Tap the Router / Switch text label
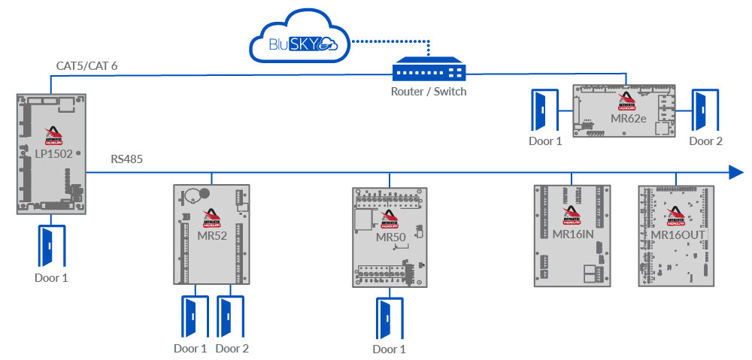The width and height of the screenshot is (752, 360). [429, 92]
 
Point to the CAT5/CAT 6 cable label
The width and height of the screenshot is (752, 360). [86, 67]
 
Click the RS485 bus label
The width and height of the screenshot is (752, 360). [126, 159]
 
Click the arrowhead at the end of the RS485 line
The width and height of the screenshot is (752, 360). [736, 173]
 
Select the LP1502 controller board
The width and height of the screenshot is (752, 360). [51, 154]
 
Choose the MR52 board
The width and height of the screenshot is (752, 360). [211, 234]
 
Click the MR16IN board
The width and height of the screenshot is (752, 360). [573, 235]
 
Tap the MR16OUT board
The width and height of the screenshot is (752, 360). [675, 235]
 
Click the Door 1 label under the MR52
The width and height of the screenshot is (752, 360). [190, 348]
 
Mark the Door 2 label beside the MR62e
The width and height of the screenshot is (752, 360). [706, 141]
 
